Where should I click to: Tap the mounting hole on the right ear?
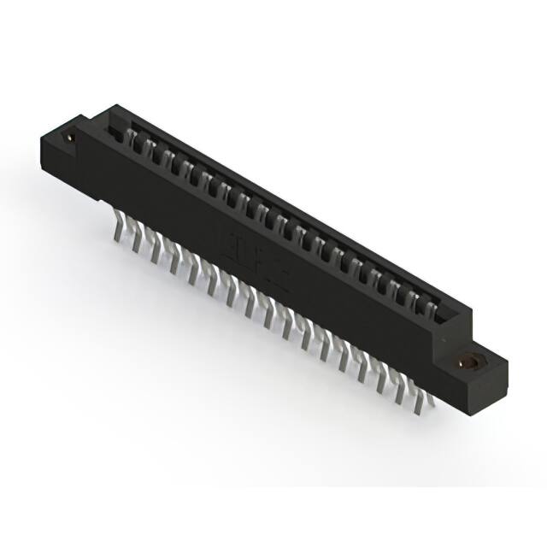coord(468,362)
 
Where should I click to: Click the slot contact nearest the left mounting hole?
coord(132,138)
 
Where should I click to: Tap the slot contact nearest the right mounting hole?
coord(429,304)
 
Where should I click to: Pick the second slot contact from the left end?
coord(150,149)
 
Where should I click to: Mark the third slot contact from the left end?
coord(168,159)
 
